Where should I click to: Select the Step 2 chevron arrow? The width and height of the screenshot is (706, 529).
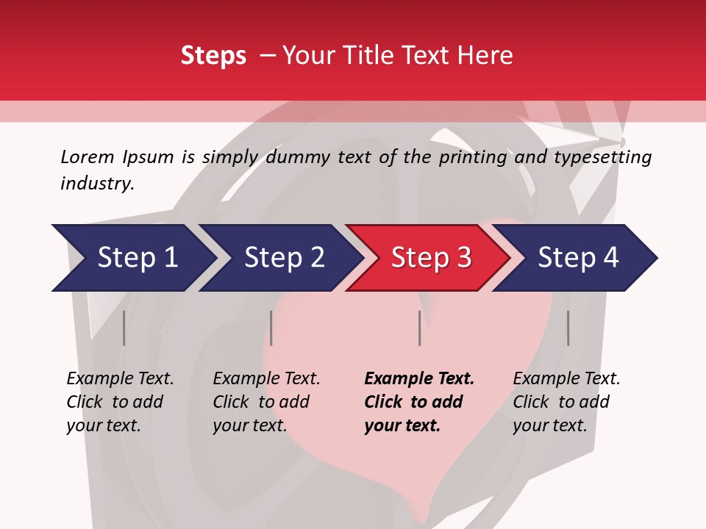[284, 258]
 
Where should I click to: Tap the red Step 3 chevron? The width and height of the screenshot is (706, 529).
[431, 258]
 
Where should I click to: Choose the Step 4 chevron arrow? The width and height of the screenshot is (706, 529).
[578, 258]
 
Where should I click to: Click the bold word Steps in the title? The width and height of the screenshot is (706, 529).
[213, 55]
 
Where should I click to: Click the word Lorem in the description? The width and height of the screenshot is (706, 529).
[87, 156]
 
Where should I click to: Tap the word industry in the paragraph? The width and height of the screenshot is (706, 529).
[97, 184]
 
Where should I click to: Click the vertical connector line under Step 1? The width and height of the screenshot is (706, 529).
[124, 328]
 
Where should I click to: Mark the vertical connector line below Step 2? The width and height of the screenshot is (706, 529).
[271, 328]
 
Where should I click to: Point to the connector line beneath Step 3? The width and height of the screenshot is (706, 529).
[419, 328]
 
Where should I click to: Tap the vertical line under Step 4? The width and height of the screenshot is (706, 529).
[568, 328]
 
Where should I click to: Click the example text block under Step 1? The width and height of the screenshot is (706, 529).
[120, 402]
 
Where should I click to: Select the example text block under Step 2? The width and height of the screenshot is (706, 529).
[266, 402]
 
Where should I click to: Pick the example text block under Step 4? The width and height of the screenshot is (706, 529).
[566, 402]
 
